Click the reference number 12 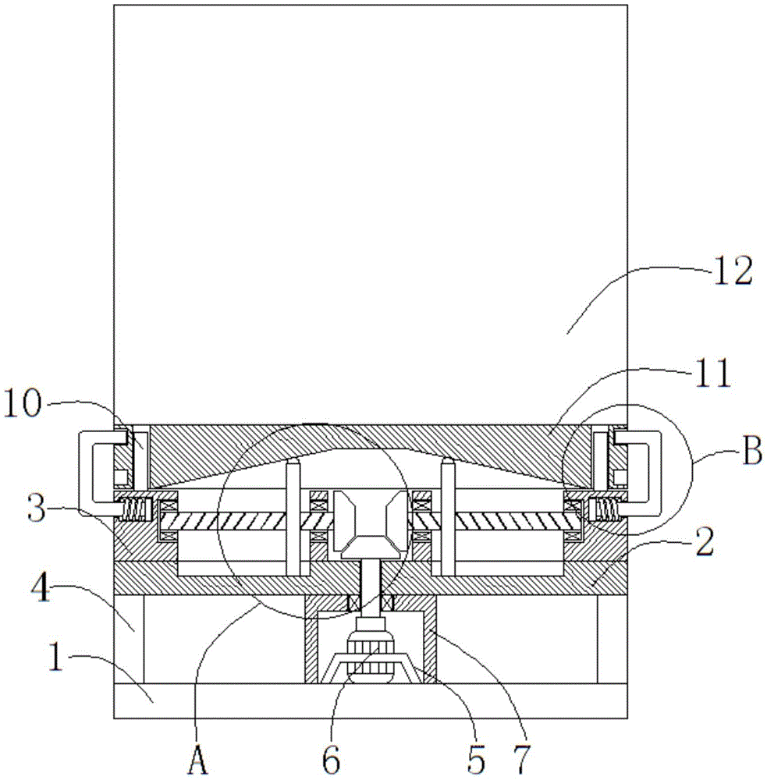point(733,272)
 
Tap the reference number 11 point(712,373)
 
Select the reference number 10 point(22,403)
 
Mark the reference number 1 point(56,657)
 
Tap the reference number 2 point(705,542)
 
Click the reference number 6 point(332,760)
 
